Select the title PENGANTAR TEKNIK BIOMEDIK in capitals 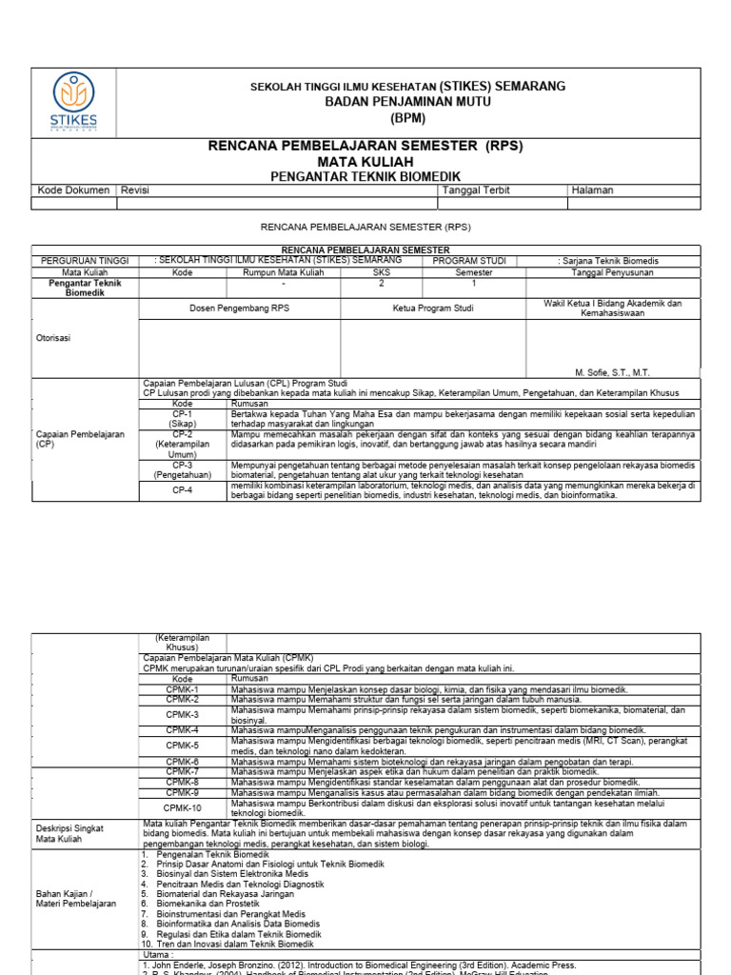pos(365,176)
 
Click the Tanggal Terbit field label pos(476,190)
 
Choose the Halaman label pos(592,190)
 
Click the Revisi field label pos(135,190)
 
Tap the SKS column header pos(382,272)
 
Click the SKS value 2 pos(382,284)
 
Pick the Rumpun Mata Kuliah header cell pos(284,272)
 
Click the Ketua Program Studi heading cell pos(433,308)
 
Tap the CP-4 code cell pos(182,490)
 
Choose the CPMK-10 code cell pos(182,807)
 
